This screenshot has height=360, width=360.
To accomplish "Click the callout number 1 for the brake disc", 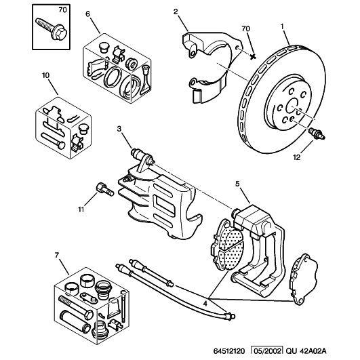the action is (282, 26).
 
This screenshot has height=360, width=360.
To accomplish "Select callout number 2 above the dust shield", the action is (176, 12).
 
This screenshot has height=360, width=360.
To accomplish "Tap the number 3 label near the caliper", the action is (119, 129).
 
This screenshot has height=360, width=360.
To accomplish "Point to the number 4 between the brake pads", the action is (205, 304).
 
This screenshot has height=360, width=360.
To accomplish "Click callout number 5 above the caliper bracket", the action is (237, 184).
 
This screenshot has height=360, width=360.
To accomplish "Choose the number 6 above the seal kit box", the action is (87, 14).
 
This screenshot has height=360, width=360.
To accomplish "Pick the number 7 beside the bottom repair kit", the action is (57, 255).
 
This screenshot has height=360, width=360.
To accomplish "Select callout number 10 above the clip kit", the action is (45, 75).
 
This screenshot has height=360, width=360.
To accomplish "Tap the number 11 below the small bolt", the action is (81, 209).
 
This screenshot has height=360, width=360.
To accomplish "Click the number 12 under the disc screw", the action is (297, 157).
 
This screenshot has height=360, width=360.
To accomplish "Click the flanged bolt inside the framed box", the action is (52, 29).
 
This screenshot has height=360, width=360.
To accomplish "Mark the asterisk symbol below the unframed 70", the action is (253, 56).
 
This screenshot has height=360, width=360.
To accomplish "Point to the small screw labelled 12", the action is (317, 134).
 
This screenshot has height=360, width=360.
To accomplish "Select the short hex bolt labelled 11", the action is (104, 189).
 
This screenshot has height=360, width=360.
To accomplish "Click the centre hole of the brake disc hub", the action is (292, 105).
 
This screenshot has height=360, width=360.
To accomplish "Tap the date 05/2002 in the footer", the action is (266, 351).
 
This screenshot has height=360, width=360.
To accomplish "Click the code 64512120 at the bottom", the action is (229, 351).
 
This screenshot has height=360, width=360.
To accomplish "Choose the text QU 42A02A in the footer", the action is (306, 351).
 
